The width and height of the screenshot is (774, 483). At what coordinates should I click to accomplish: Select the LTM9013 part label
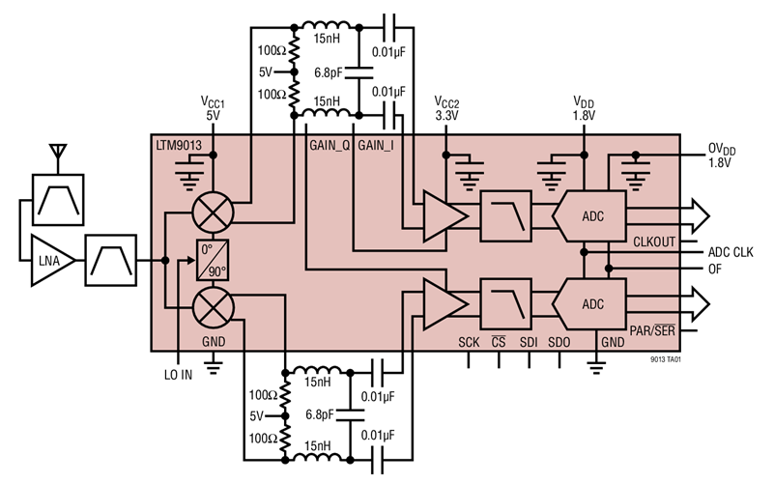[x=181, y=145]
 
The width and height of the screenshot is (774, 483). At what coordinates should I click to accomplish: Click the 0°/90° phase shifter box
[x=213, y=259]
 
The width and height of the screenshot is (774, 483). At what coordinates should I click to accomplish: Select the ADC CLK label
[x=730, y=252]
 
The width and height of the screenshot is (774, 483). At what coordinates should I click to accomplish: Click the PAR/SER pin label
[x=651, y=330]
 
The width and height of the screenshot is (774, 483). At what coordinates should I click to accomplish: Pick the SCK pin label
[x=468, y=343]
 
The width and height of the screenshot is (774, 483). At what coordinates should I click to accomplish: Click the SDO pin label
[x=559, y=343]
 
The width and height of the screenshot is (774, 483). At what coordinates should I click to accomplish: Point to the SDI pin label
[x=529, y=343]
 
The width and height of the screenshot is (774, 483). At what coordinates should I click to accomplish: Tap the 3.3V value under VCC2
[x=446, y=114]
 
